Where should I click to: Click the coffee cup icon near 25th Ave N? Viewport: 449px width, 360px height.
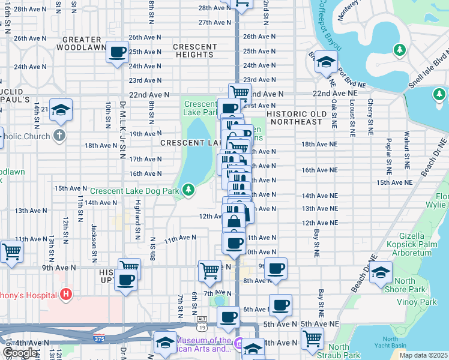pyautogui.click(x=118, y=52)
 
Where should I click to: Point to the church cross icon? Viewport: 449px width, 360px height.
pyautogui.click(x=59, y=135)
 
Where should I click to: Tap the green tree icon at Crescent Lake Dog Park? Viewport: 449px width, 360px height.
pyautogui.click(x=189, y=190)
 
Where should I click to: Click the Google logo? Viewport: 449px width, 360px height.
pyautogui.click(x=20, y=353)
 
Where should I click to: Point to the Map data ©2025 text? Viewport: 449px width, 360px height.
pyautogui.click(x=423, y=355)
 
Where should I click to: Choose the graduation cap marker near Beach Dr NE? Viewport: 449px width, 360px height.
pyautogui.click(x=381, y=272)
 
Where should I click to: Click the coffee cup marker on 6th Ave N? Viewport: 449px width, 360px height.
pyautogui.click(x=280, y=305)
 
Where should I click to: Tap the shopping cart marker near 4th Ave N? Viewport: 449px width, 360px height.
pyautogui.click(x=312, y=338)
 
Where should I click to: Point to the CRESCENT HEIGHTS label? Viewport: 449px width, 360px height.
pyautogui.click(x=195, y=50)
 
